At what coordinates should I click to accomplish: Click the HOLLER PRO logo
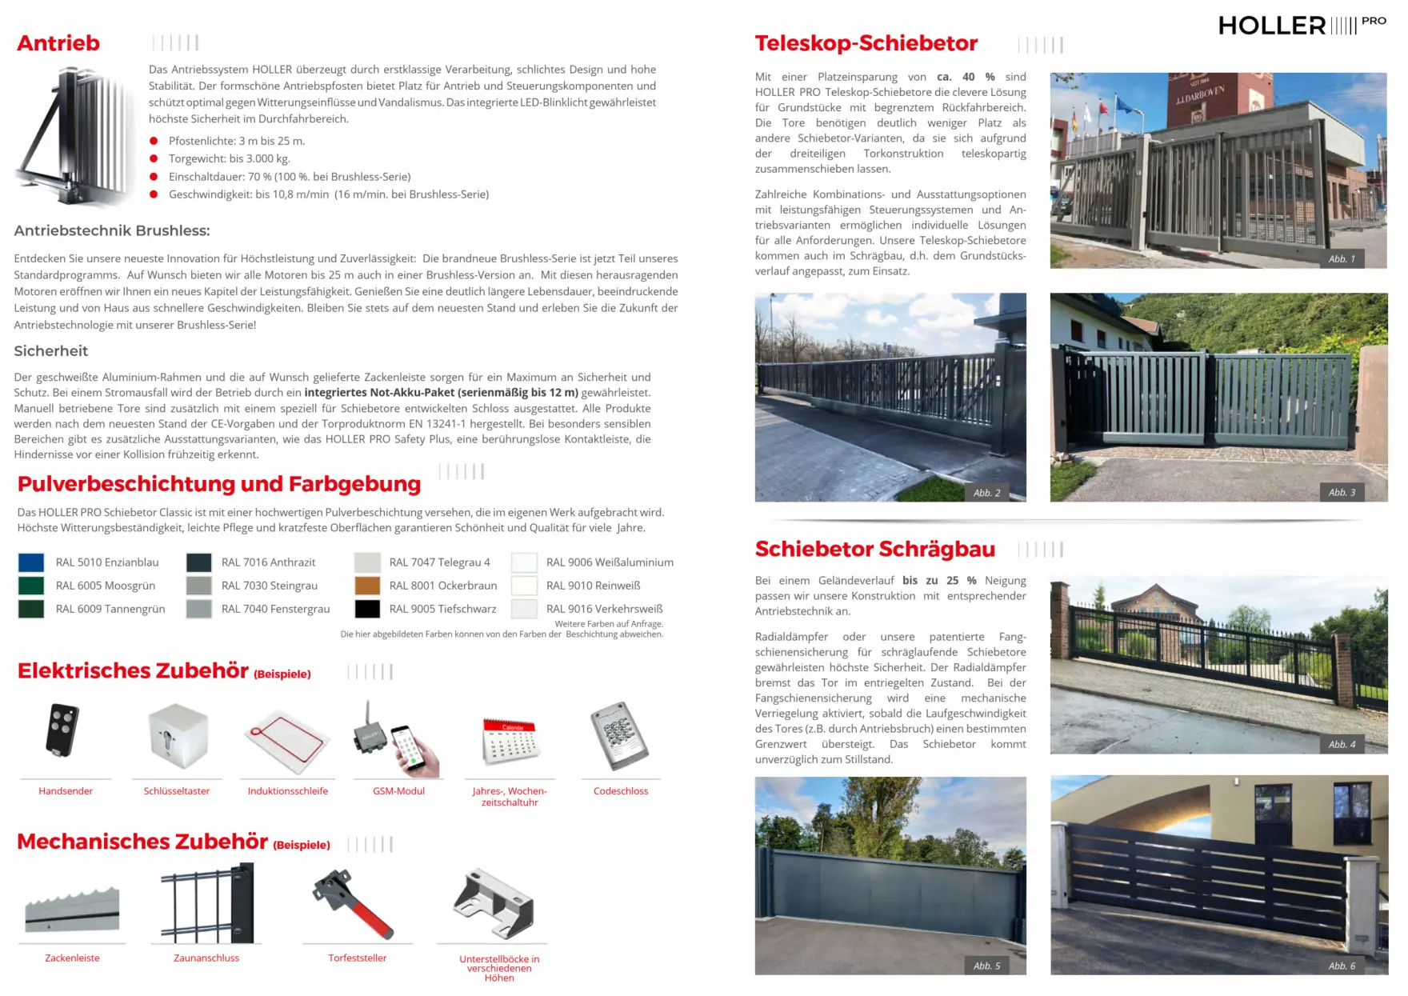(x=1302, y=26)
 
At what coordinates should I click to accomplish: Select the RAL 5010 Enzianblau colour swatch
(x=31, y=562)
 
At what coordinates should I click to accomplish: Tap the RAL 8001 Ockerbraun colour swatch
(x=367, y=586)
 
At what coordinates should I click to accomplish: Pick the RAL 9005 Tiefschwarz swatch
(x=367, y=609)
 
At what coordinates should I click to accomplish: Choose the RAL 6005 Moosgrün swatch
(x=31, y=586)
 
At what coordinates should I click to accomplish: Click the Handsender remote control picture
(x=63, y=730)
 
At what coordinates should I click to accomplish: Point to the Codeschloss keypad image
(x=618, y=734)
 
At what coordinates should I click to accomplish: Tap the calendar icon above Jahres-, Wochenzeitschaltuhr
(x=510, y=740)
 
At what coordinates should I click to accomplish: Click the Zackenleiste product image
(x=72, y=910)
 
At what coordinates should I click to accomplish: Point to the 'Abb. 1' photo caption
(x=1342, y=259)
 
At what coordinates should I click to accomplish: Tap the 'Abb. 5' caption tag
(x=986, y=966)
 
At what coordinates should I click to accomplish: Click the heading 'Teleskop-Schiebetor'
(x=866, y=43)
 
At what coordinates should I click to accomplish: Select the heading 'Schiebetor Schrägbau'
(x=874, y=550)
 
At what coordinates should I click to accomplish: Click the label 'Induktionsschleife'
(x=288, y=791)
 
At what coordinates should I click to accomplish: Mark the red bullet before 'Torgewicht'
(x=154, y=158)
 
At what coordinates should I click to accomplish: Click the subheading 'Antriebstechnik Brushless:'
(x=112, y=231)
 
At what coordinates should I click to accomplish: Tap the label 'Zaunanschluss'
(x=206, y=958)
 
